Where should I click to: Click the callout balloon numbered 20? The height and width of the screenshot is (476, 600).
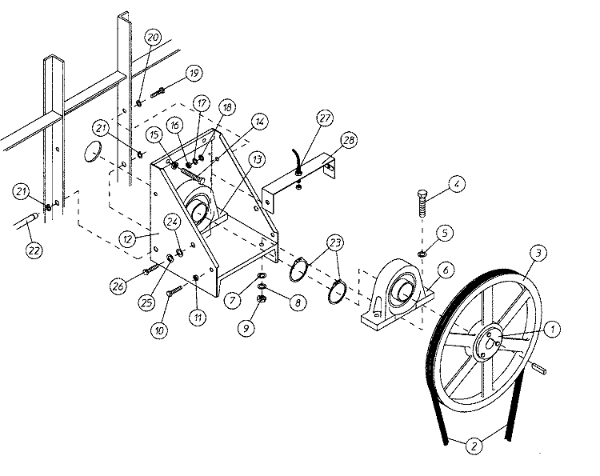pyautogui.click(x=153, y=37)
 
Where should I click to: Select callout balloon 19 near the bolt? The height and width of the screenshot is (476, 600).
pyautogui.click(x=194, y=73)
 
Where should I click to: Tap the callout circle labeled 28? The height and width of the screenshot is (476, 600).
pyautogui.click(x=349, y=140)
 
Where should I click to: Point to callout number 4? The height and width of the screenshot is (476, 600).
pyautogui.click(x=457, y=184)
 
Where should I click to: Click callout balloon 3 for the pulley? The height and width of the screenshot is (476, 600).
pyautogui.click(x=538, y=253)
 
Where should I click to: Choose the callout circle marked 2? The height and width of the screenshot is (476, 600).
pyautogui.click(x=474, y=446)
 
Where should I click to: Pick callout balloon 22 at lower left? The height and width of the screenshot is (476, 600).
pyautogui.click(x=34, y=250)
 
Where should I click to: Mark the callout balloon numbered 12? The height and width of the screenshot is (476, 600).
pyautogui.click(x=128, y=239)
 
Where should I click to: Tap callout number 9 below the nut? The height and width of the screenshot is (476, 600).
pyautogui.click(x=246, y=328)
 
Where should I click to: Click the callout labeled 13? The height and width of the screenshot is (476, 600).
pyautogui.click(x=257, y=158)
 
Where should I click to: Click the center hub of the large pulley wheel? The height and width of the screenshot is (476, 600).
pyautogui.click(x=490, y=342)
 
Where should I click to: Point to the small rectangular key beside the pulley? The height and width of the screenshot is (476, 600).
pyautogui.click(x=538, y=368)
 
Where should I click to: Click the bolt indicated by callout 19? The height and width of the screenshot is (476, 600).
pyautogui.click(x=158, y=93)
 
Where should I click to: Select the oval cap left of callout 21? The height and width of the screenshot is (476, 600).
pyautogui.click(x=93, y=151)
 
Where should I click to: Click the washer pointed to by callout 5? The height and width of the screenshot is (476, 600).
pyautogui.click(x=422, y=253)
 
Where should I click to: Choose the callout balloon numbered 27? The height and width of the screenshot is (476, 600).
pyautogui.click(x=325, y=118)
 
